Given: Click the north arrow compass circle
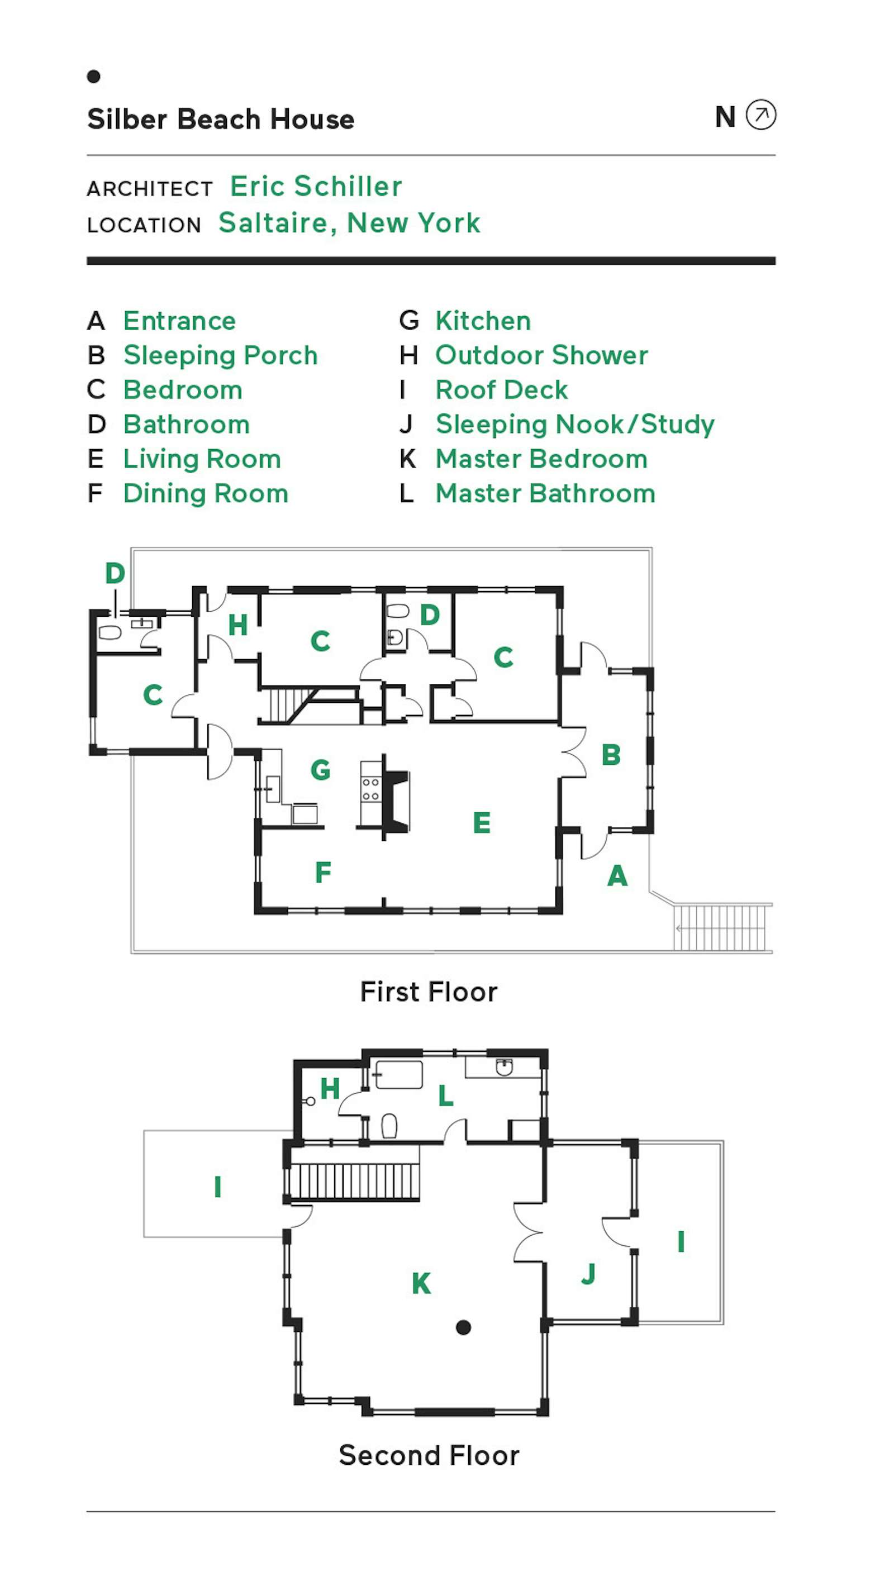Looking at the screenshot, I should tap(760, 115).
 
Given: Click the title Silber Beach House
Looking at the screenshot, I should tap(220, 119).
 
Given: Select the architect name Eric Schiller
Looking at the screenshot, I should tap(316, 186).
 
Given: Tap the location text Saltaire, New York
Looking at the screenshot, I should tap(349, 223).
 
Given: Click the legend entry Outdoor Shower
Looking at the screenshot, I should tap(541, 355).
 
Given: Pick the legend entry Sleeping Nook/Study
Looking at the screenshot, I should tap(574, 424).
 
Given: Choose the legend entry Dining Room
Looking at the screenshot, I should tap(206, 493).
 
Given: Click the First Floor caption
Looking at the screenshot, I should tap(429, 992).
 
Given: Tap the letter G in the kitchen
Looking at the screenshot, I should tap(320, 770).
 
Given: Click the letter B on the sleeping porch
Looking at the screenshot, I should tap(611, 755).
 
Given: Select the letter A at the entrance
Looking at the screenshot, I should tap(617, 875).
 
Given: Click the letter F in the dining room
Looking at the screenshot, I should tap(322, 873).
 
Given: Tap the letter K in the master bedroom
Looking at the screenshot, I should tap(421, 1284).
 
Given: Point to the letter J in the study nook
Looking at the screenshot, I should tap(588, 1273).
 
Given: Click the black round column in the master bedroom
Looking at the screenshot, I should tap(464, 1327).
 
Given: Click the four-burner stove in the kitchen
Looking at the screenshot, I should tap(370, 789).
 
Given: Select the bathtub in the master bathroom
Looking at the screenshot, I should tap(398, 1075).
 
